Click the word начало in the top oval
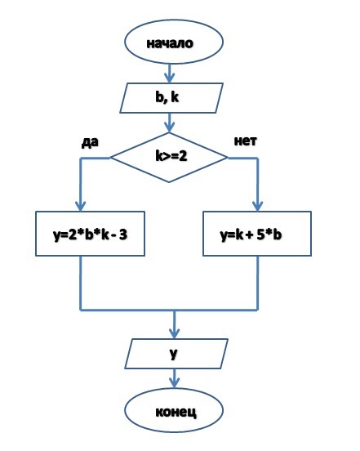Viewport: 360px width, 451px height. pyautogui.click(x=170, y=43)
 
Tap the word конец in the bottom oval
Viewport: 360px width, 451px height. pyautogui.click(x=176, y=412)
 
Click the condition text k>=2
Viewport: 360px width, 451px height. pyautogui.click(x=171, y=156)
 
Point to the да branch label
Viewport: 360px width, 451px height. pyautogui.click(x=90, y=142)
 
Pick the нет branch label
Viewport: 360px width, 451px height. pyautogui.click(x=246, y=141)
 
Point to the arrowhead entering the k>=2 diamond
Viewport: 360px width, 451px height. pyautogui.click(x=170, y=127)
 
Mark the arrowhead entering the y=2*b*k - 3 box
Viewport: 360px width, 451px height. pyautogui.click(x=81, y=206)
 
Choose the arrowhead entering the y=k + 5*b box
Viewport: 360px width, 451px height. pyautogui.click(x=258, y=206)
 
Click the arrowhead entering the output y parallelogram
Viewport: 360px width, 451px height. pyautogui.click(x=175, y=333)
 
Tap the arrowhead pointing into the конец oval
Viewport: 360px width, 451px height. pyautogui.click(x=175, y=383)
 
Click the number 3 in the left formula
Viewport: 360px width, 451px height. pyautogui.click(x=123, y=234)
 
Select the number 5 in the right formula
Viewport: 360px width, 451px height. pyautogui.click(x=260, y=234)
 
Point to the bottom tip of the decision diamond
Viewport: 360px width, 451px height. pyautogui.click(x=169, y=182)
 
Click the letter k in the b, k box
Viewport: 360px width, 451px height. pyautogui.click(x=175, y=97)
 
